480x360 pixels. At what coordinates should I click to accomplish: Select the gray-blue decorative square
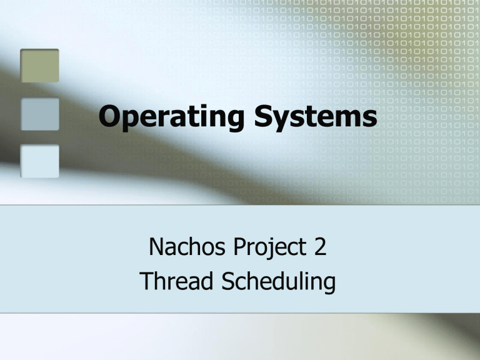point(39,114)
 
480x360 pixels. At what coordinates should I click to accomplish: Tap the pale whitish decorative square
point(39,161)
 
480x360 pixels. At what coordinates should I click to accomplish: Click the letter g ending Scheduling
point(328,286)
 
